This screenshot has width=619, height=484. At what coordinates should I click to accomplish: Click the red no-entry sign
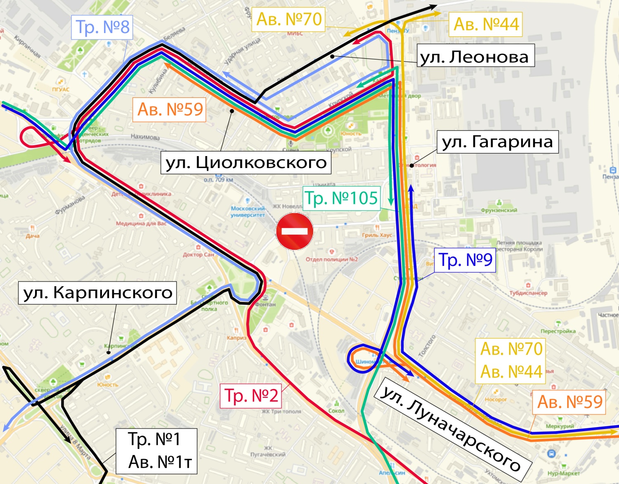(294, 231)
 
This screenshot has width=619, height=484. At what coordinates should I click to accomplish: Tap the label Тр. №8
(102, 27)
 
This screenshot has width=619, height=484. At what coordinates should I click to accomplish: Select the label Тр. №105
(341, 198)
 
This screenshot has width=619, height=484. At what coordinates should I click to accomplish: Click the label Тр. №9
(465, 260)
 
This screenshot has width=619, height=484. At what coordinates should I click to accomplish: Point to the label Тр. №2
(251, 396)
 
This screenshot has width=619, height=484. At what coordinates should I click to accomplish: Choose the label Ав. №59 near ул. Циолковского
(170, 109)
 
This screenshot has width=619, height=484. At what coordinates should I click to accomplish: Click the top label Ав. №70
(288, 19)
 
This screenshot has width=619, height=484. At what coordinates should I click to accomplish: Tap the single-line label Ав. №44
(486, 24)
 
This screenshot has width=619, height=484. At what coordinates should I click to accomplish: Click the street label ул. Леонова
(475, 57)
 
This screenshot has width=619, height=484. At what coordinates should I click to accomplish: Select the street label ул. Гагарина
(497, 142)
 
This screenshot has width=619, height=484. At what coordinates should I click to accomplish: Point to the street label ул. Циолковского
(246, 162)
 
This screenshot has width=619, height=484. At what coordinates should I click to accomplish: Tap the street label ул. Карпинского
(98, 292)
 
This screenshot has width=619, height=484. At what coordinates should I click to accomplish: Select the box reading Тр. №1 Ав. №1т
(156, 451)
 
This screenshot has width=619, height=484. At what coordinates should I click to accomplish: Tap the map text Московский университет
(248, 211)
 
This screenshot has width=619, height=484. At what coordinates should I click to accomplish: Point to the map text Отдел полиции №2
(331, 259)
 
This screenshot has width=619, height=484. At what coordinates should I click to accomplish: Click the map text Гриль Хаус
(377, 235)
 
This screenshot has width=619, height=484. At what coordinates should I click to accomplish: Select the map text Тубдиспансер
(528, 293)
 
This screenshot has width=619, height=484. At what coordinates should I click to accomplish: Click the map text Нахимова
(145, 137)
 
